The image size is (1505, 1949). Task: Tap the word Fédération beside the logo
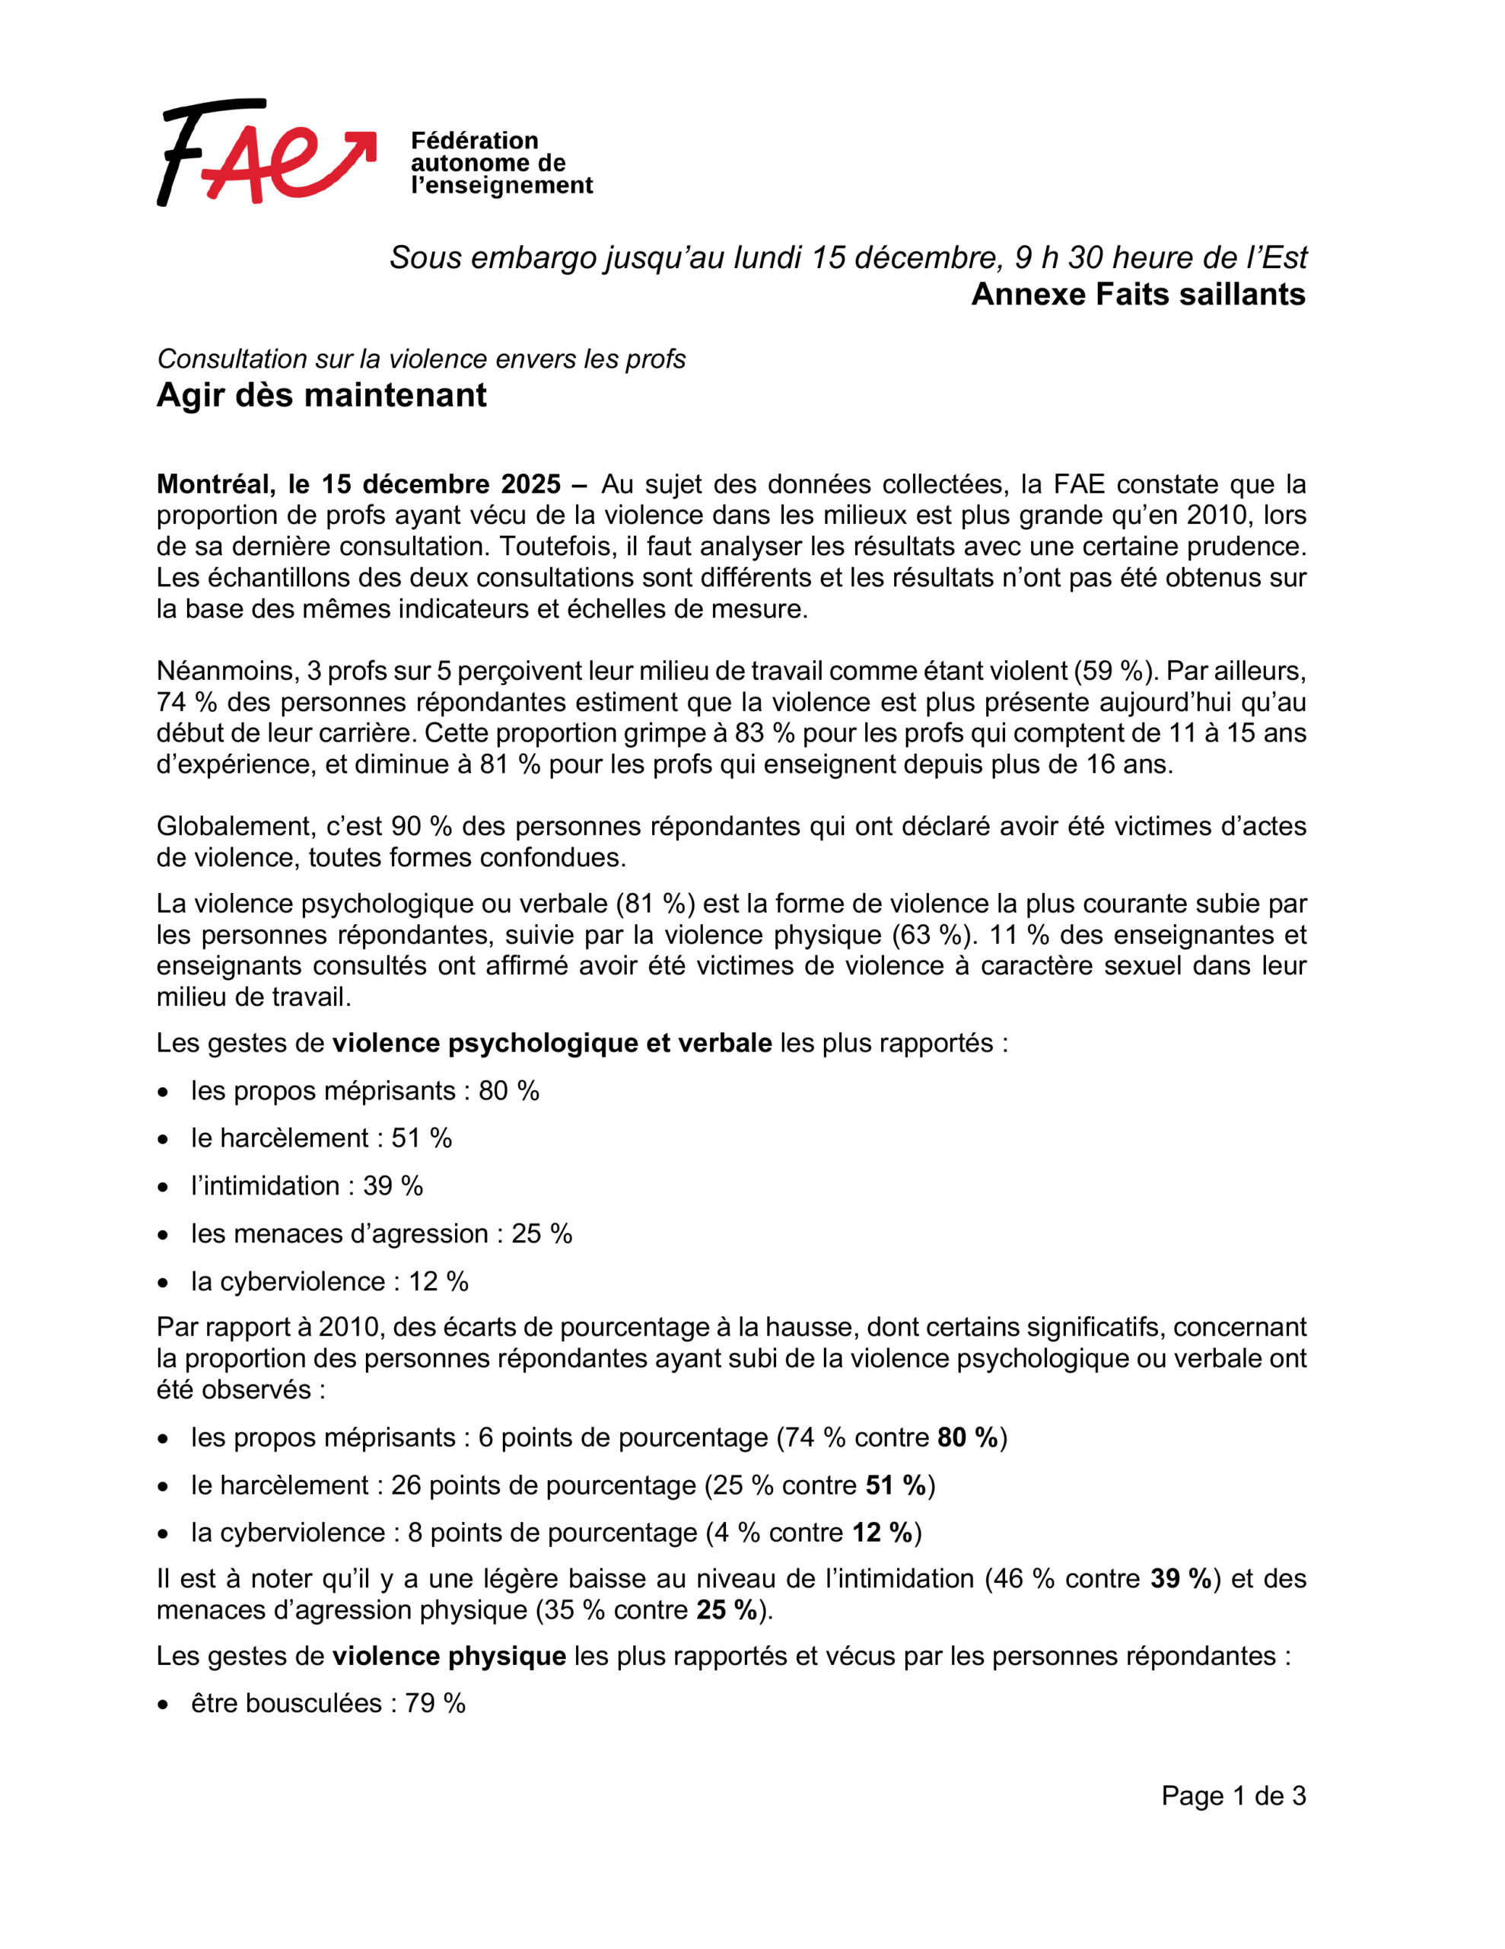(x=474, y=141)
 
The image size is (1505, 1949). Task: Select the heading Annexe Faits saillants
(x=1137, y=295)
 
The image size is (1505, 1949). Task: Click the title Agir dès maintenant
(x=321, y=395)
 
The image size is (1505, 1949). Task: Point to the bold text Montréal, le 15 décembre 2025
(x=358, y=484)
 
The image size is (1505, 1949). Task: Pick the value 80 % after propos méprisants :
(x=508, y=1092)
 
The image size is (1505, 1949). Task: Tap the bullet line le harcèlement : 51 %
(x=321, y=1139)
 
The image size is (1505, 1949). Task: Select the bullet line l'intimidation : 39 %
(x=307, y=1186)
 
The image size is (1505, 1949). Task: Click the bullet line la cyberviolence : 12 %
(x=329, y=1281)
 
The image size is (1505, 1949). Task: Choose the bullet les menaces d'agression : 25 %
(x=381, y=1234)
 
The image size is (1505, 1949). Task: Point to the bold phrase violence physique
(x=449, y=1657)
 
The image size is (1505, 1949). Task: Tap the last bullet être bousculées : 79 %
(x=327, y=1704)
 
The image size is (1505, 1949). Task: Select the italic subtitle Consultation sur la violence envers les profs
(x=421, y=359)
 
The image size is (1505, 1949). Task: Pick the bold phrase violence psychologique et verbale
(x=552, y=1043)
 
